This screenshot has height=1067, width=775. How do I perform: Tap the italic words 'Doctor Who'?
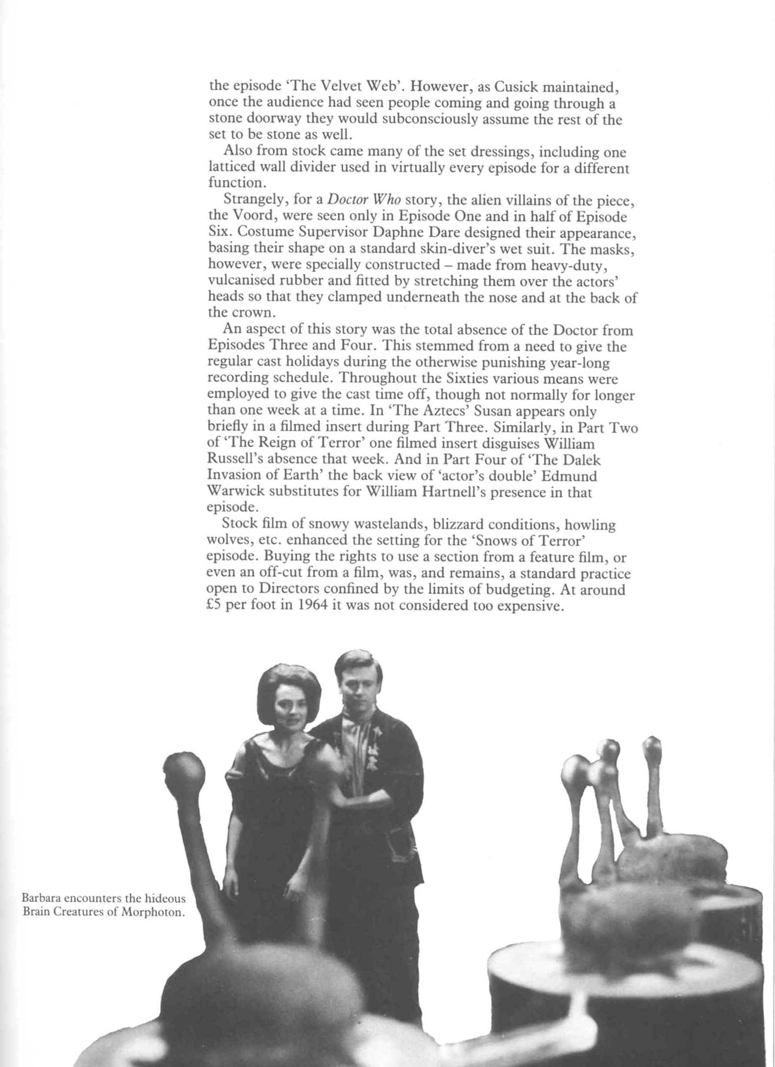click(364, 201)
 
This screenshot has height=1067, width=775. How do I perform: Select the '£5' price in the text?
click(216, 606)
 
